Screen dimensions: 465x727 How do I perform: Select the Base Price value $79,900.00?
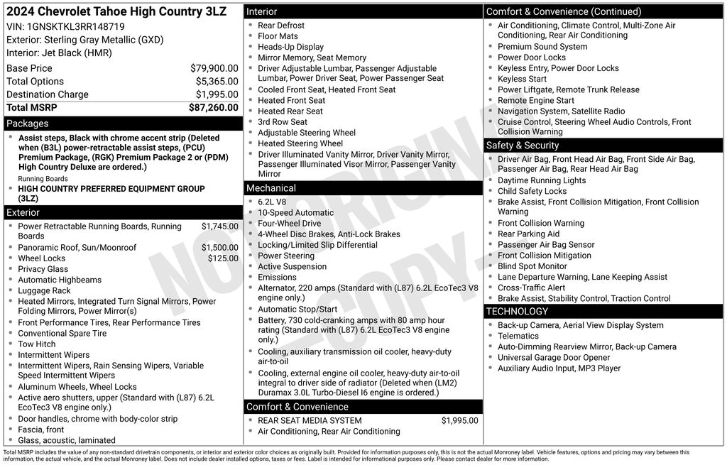point(214,68)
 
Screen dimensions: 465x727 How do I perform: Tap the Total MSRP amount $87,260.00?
point(213,107)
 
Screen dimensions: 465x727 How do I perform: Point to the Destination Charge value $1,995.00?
point(217,94)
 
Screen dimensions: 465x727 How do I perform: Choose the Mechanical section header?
point(270,188)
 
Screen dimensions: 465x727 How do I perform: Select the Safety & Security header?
point(523,146)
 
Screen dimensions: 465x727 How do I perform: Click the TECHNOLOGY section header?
point(517,311)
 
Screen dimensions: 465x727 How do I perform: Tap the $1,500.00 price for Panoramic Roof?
point(219,248)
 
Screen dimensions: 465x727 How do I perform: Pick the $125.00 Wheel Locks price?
point(223,258)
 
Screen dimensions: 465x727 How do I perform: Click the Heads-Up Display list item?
point(290,47)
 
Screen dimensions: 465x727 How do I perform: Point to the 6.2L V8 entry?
point(272,202)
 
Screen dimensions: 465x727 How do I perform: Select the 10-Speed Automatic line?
point(295,212)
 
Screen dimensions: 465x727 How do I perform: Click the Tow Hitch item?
point(37,344)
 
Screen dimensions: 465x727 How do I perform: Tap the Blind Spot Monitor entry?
point(532,266)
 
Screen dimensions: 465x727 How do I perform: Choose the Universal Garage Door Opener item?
point(554,358)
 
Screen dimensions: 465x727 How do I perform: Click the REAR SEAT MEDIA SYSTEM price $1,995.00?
point(459,420)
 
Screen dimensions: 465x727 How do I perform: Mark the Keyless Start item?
point(522,79)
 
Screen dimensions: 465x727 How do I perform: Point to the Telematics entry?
point(518,336)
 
